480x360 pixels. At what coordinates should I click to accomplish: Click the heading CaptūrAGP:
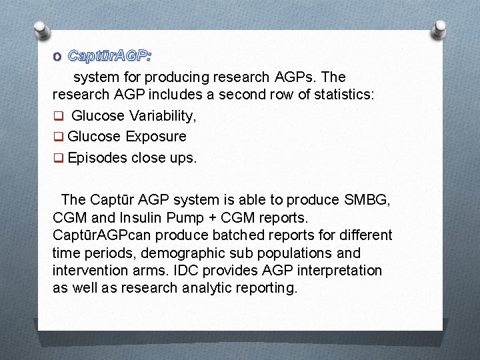pos(109,55)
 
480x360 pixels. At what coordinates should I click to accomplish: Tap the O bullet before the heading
pos(57,55)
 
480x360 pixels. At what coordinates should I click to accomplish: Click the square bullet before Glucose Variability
pos(58,117)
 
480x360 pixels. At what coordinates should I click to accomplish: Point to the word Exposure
pos(155,137)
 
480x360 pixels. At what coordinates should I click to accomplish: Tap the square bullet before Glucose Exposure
pos(58,137)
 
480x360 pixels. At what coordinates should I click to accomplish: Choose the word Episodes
pos(97,158)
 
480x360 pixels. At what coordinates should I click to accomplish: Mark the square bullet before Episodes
pos(58,159)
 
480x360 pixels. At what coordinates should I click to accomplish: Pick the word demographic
pos(162,253)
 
